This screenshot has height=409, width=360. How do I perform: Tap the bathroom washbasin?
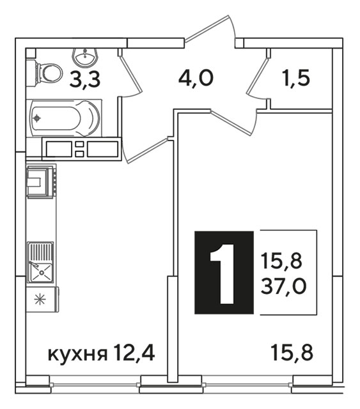[x=85, y=58]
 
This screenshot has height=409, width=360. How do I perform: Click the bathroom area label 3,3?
[x=85, y=80]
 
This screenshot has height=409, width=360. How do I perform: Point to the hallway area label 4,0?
[x=196, y=78]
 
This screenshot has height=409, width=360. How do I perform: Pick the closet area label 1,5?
[x=296, y=78]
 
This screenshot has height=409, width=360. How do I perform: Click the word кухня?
[x=77, y=354]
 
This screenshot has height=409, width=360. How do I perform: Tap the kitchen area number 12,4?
[x=134, y=352]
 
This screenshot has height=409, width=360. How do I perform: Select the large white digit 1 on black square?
[x=223, y=274]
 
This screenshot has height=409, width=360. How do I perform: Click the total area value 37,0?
[x=283, y=286]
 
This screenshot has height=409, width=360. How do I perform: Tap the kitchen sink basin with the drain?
[x=42, y=273]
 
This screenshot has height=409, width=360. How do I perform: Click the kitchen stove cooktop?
[x=41, y=181]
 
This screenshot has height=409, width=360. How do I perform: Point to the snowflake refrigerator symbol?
[x=40, y=299]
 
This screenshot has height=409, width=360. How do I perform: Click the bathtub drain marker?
[x=37, y=118]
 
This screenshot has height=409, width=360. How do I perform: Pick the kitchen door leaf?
[x=145, y=151]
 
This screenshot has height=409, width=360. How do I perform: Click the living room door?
[x=233, y=123]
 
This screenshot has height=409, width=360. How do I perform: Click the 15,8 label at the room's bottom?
[x=292, y=353]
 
